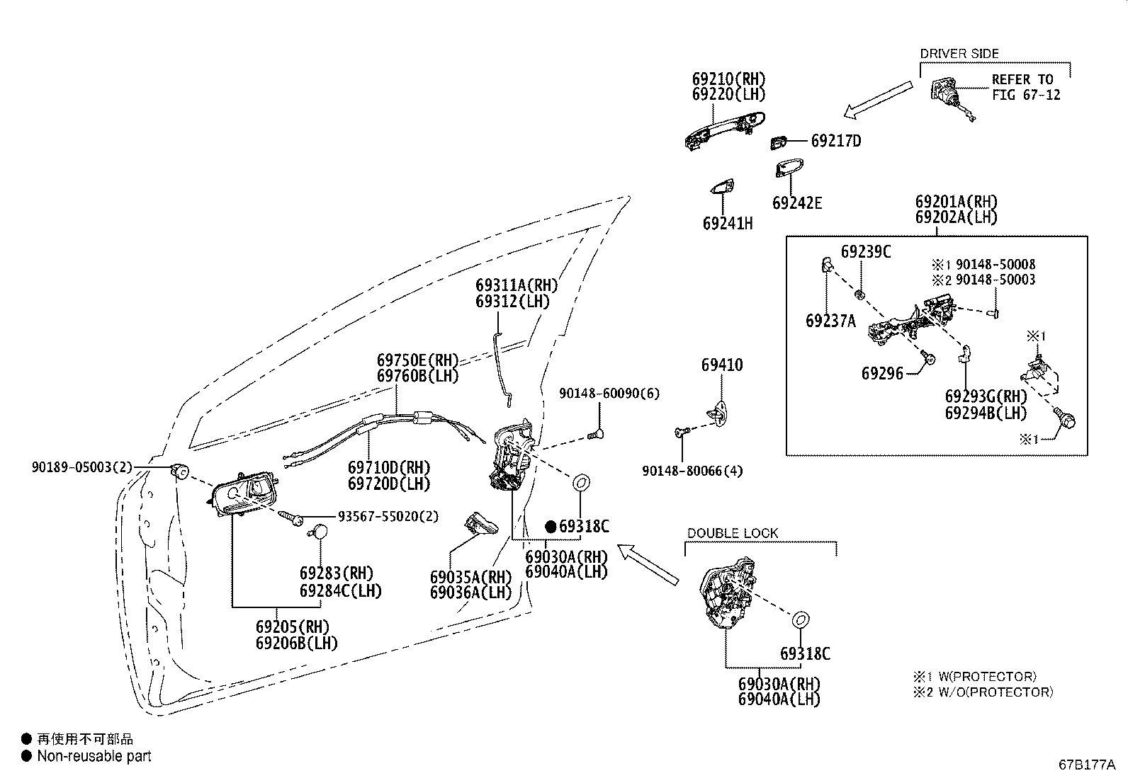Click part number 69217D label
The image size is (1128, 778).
coord(836,141)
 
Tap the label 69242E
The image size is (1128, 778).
coord(797,203)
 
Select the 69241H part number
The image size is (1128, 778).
coord(728,224)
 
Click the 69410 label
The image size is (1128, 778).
coord(722,365)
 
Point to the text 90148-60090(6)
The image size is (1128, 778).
coord(609,393)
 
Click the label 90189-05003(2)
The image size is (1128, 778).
coord(81,467)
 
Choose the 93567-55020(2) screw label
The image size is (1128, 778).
coord(388,517)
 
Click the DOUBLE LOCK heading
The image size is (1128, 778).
coord(733,533)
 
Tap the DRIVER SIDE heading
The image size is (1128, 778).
coord(959,53)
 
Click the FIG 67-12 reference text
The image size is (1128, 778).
coord(1026,95)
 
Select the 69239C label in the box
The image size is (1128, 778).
coord(866,252)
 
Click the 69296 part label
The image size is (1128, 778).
coord(883,373)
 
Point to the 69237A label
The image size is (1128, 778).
coord(830,321)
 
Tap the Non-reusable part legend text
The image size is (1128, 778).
coord(94,756)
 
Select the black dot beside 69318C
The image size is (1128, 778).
coord(551,526)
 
